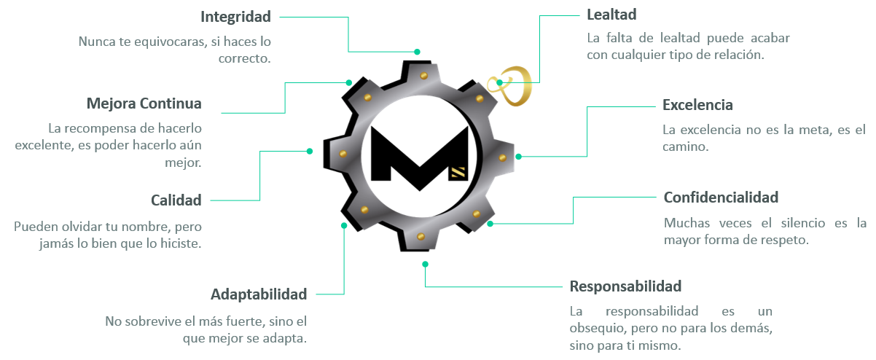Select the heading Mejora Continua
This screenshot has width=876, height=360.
tap(144, 103)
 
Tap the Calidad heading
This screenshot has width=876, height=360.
tap(176, 200)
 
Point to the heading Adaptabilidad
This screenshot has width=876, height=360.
tap(259, 294)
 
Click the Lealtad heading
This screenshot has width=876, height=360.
tap(612, 14)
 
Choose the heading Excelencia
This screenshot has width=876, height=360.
tap(697, 105)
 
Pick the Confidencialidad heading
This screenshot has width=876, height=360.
tap(721, 197)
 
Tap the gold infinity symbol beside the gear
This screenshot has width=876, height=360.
tap(515, 85)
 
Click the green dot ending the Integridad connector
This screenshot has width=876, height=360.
tap(417, 52)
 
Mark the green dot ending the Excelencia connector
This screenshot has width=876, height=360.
tap(519, 156)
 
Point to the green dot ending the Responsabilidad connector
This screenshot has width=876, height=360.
tap(425, 264)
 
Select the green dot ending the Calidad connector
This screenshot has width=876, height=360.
tap(310, 151)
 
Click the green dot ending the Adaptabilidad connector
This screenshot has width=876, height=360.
tap(343, 226)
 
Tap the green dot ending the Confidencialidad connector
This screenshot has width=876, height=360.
tap(490, 224)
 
